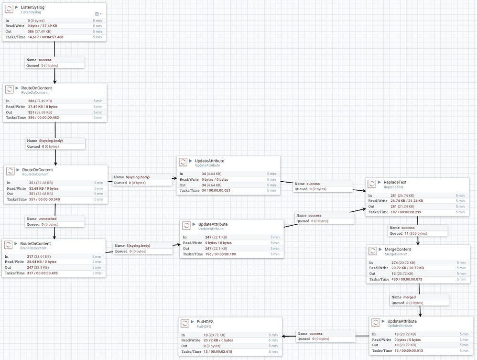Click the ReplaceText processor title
coord(395,182)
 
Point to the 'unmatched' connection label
coord(47,218)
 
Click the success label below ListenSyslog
coord(44,60)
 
